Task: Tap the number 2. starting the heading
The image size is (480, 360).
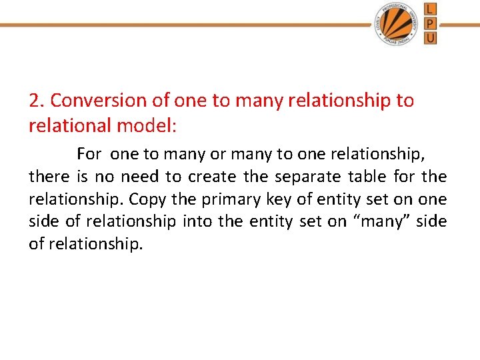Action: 37,101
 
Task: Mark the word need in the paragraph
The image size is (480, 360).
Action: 139,177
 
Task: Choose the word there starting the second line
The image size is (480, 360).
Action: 49,177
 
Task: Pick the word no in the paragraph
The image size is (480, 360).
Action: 105,177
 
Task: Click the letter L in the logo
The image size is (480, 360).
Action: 431,9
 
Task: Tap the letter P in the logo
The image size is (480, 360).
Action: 431,23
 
